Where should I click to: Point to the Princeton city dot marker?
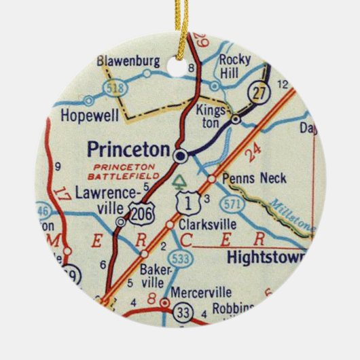(x=180, y=156)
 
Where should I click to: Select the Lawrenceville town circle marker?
(x=121, y=221)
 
